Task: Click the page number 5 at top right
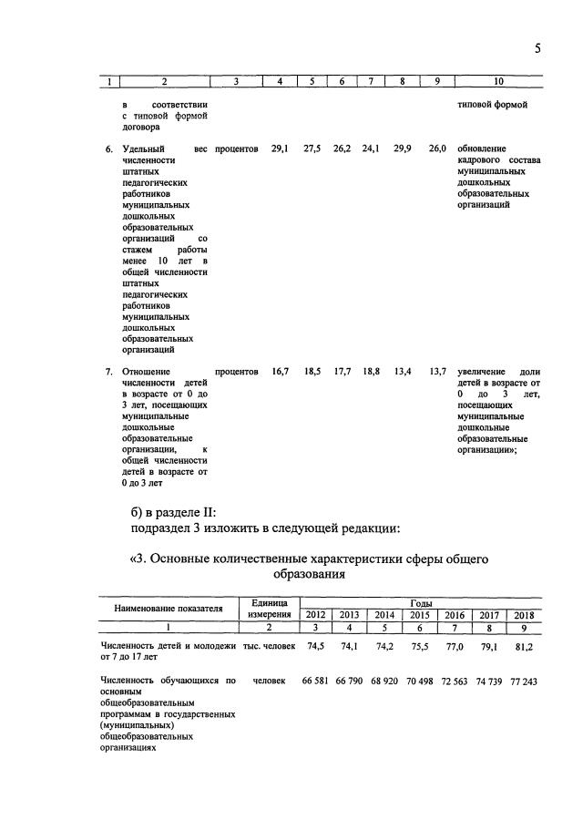click(x=538, y=48)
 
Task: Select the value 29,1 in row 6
click(x=281, y=148)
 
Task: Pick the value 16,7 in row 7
click(x=281, y=372)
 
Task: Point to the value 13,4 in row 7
click(x=402, y=372)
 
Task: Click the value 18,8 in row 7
click(x=371, y=372)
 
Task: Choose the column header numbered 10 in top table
click(x=498, y=82)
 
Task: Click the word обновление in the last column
click(x=482, y=148)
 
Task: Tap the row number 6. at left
click(x=108, y=148)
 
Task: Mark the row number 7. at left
click(x=108, y=372)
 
